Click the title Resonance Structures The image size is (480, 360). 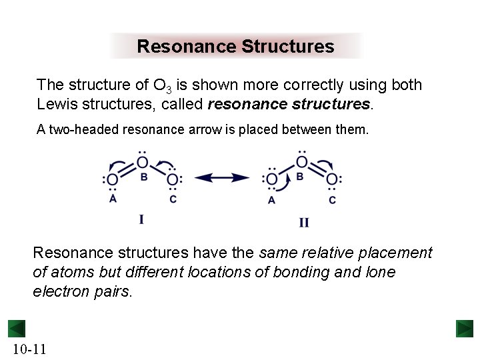(x=235, y=47)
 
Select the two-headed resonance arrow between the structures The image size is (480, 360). (x=222, y=177)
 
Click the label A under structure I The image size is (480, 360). (x=113, y=199)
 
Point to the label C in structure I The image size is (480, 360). (x=173, y=199)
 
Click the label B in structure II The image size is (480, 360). (x=300, y=177)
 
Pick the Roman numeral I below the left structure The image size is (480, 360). (x=141, y=219)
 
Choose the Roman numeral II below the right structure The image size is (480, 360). (x=303, y=223)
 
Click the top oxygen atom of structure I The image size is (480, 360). (x=143, y=162)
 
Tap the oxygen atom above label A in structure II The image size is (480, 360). (x=271, y=179)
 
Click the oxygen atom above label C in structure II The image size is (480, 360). (x=331, y=179)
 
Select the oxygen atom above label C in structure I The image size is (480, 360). (x=173, y=179)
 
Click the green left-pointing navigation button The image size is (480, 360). (x=17, y=329)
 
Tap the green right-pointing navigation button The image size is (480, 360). (x=465, y=329)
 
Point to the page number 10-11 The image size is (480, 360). (x=29, y=349)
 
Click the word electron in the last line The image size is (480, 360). (x=59, y=292)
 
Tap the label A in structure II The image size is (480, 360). (x=271, y=200)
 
